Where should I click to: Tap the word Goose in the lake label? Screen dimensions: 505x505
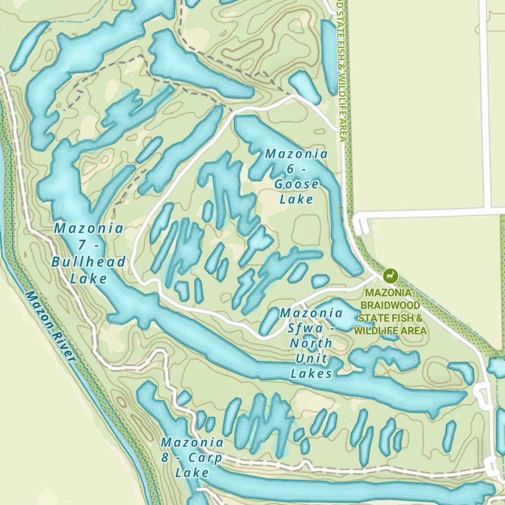(x=296, y=184)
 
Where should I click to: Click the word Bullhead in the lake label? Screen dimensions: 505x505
(x=88, y=262)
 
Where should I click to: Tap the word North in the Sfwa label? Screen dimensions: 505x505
(x=311, y=343)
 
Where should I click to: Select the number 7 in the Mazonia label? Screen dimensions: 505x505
(x=81, y=245)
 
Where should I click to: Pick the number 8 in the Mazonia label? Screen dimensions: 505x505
(x=165, y=458)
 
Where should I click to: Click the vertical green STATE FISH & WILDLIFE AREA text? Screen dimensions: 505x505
(x=342, y=71)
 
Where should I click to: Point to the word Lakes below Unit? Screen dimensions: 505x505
(x=311, y=373)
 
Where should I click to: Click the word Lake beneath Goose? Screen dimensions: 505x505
(x=296, y=199)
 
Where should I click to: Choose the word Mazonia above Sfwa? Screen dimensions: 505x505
(x=311, y=313)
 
